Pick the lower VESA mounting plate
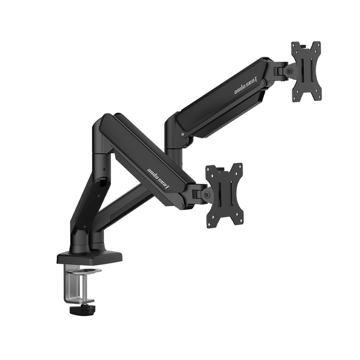pos(224,195)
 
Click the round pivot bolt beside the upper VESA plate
pos(289,70)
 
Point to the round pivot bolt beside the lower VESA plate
pos(207,194)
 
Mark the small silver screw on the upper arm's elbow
pos(182,135)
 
